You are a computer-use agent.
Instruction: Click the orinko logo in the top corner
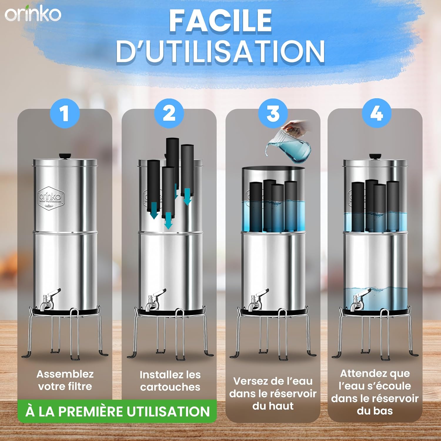click(33, 14)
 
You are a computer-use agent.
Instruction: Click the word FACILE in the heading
click(220, 21)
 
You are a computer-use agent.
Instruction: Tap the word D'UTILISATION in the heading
click(220, 52)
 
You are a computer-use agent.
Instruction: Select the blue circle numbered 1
click(65, 113)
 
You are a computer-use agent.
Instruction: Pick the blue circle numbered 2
click(169, 113)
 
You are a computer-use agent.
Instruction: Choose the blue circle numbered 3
click(273, 113)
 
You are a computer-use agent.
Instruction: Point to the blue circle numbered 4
click(377, 113)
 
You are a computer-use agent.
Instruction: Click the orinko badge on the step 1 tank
click(51, 198)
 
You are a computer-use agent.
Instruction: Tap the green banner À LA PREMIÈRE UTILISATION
click(117, 411)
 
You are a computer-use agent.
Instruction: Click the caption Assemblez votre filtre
click(65, 380)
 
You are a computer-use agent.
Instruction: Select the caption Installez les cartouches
click(170, 381)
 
